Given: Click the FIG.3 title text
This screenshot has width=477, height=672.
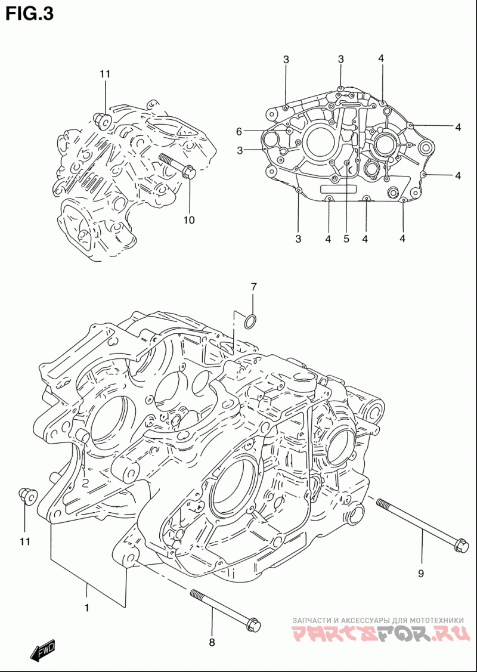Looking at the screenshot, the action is pos(30,13).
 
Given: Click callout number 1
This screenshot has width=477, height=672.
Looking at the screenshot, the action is pos(87,608).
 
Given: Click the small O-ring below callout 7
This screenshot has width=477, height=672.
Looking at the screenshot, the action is pos(251,322).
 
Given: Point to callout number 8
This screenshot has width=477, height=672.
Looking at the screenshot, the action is pos(212,642).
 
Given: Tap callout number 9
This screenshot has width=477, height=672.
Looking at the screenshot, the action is pos(420,574).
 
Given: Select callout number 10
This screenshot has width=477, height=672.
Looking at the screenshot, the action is pos(189,220).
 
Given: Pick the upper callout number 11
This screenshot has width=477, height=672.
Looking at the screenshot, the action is pos(106,74).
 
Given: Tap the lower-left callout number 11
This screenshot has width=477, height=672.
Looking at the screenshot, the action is pos(24,541).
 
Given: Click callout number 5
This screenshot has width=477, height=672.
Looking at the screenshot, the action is pos(346,239).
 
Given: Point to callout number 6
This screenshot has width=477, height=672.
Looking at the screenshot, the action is pos(238,131).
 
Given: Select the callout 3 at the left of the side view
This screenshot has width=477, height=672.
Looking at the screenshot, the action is pos(240,150).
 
